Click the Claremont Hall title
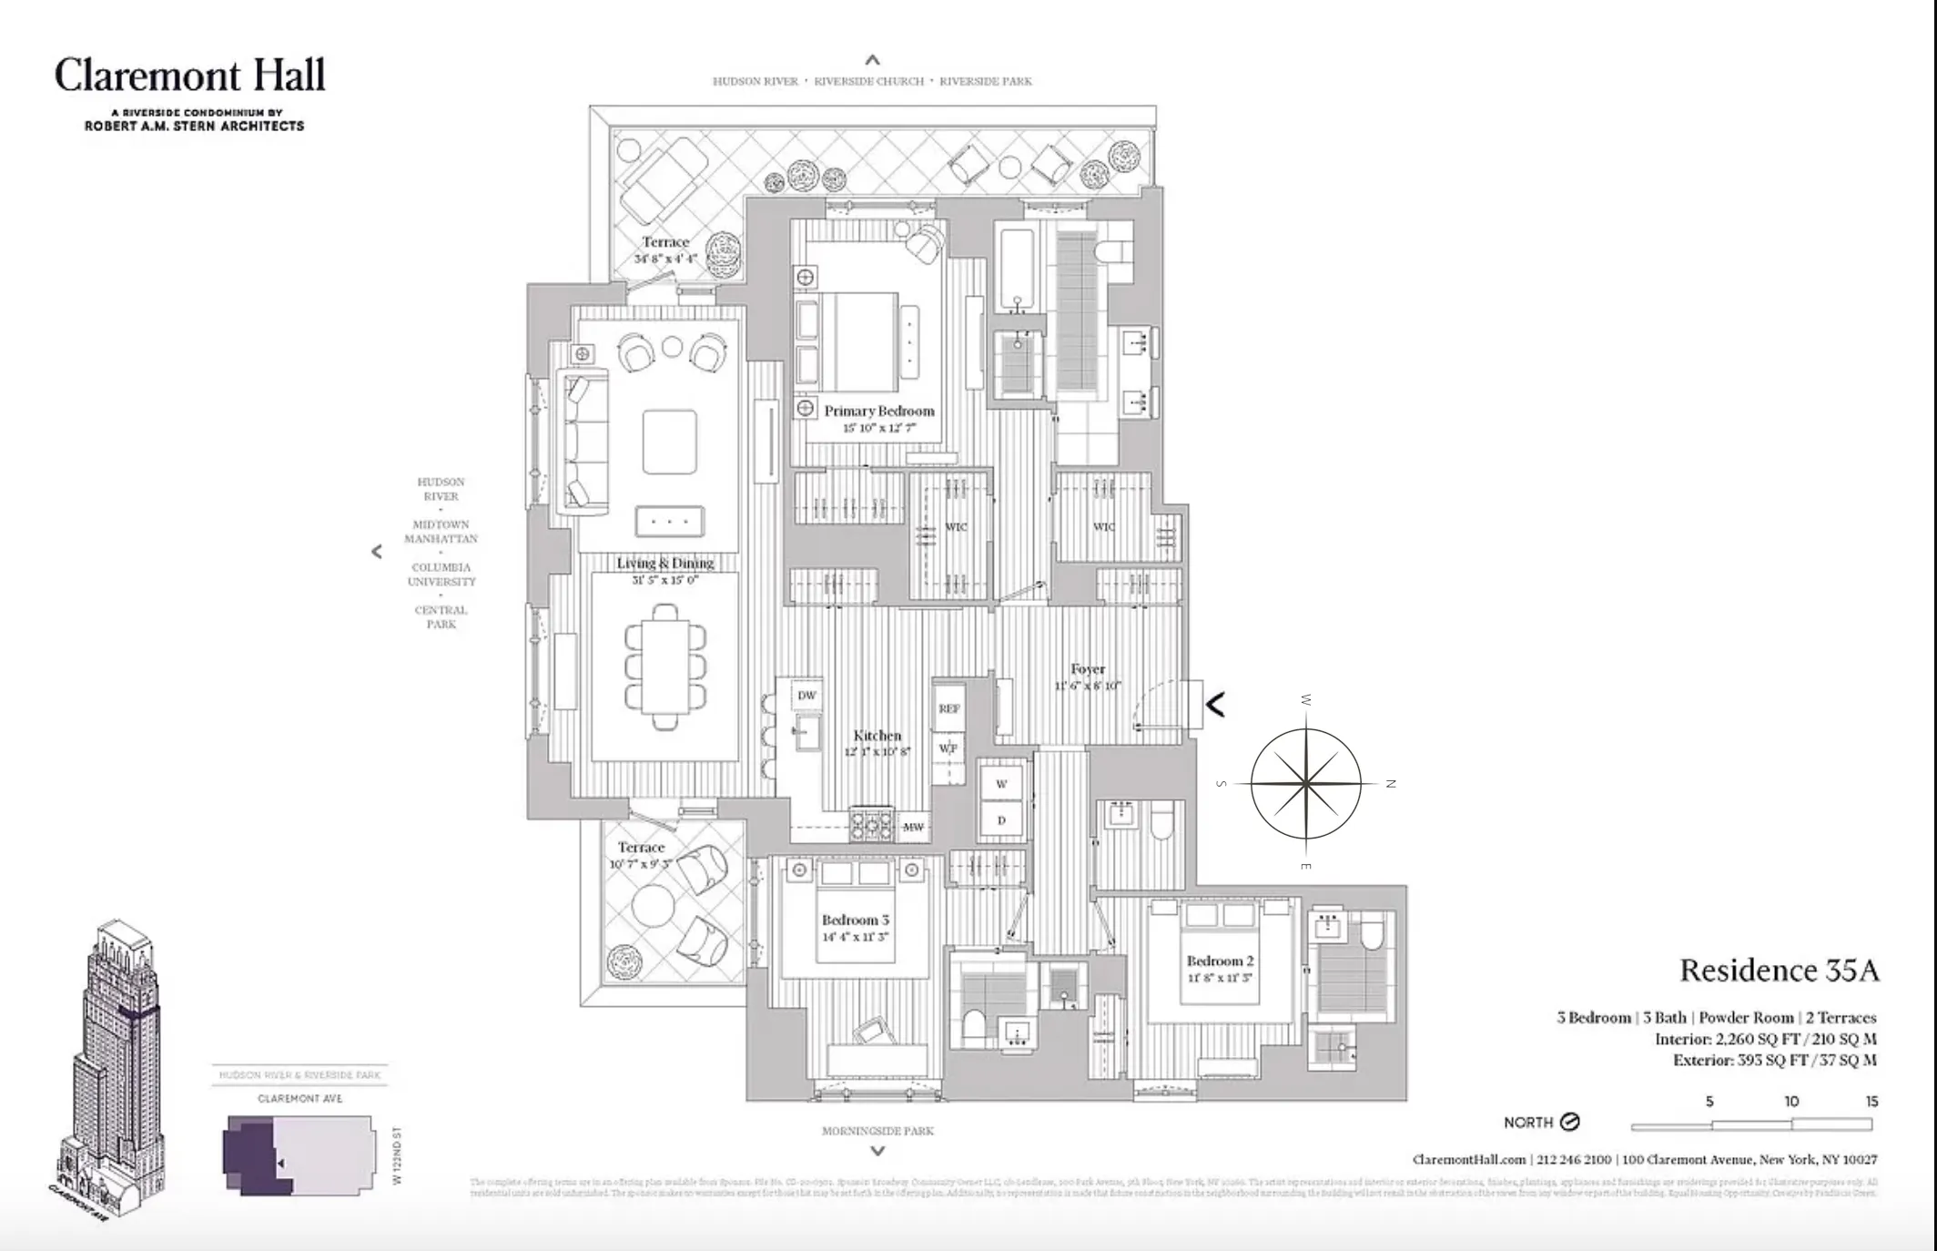[x=189, y=75]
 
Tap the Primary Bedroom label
[x=878, y=412]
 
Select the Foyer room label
[x=1088, y=669]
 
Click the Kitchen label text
[x=877, y=736]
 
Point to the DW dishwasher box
[x=806, y=696]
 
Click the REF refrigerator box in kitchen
[x=948, y=708]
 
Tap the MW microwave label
[x=913, y=827]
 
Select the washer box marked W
[x=1001, y=784]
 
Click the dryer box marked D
[x=1001, y=820]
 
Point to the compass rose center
[x=1305, y=783]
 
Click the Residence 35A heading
[x=1779, y=971]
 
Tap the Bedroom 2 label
[x=1220, y=961]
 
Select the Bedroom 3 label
[x=855, y=920]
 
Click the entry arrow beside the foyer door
[x=1215, y=704]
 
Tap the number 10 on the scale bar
[x=1790, y=1102]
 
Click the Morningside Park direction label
[x=877, y=1131]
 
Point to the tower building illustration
[x=114, y=1065]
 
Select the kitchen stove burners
[x=871, y=825]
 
